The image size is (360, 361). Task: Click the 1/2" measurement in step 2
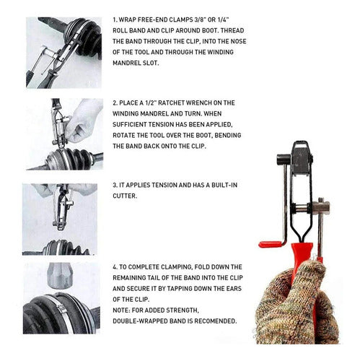(x=151, y=103)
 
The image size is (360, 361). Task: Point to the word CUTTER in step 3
(x=125, y=196)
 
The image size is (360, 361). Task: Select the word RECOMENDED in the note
(x=216, y=321)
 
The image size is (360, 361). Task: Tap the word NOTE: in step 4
(x=122, y=310)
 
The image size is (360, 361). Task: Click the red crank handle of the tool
(x=271, y=245)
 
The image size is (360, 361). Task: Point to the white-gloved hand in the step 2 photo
(x=83, y=121)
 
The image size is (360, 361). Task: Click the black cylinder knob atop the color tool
(x=284, y=159)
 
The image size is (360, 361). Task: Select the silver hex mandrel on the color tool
(x=321, y=207)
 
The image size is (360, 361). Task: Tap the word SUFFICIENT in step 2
(x=130, y=124)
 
